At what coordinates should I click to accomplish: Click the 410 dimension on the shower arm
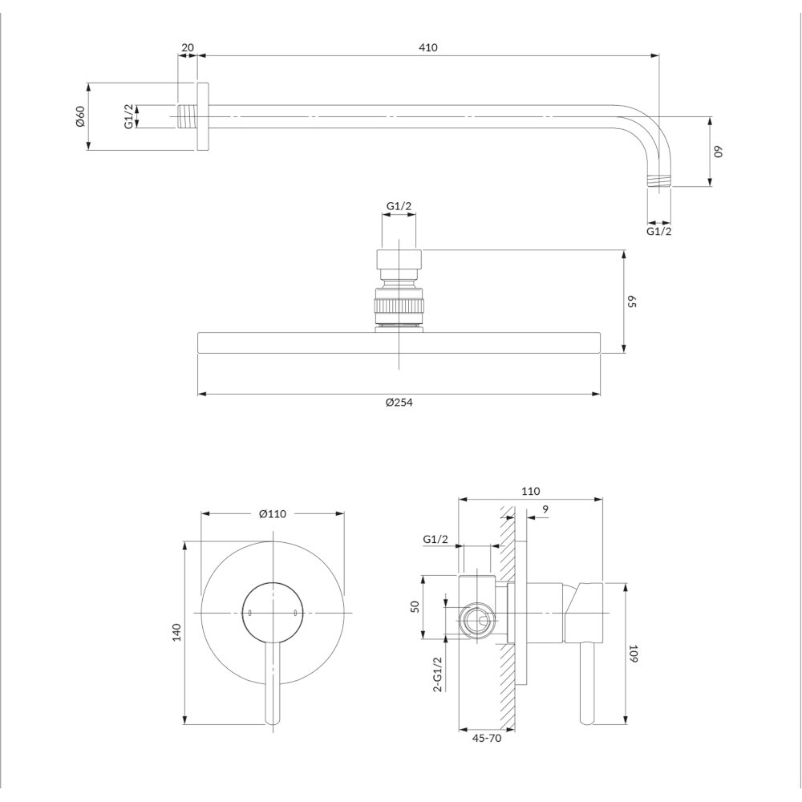[428, 47]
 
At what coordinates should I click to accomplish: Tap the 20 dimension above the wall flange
[188, 47]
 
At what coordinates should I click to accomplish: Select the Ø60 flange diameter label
[79, 116]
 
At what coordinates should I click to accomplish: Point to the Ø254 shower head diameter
[399, 403]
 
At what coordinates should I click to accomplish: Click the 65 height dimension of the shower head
[632, 302]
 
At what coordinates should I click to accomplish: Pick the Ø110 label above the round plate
[273, 515]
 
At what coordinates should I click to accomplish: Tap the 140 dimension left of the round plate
[178, 632]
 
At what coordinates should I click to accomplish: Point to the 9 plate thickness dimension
[545, 508]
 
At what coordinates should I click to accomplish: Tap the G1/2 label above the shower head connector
[399, 206]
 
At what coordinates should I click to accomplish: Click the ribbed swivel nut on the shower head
[399, 308]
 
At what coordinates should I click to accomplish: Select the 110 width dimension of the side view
[530, 491]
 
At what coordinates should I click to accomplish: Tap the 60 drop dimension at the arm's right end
[719, 152]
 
